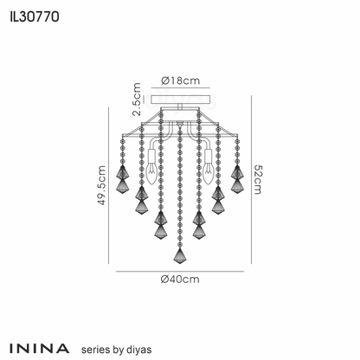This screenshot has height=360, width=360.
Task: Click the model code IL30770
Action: click(35, 16)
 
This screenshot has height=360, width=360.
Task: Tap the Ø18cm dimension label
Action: click(181, 80)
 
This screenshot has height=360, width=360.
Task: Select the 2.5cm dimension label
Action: click(137, 100)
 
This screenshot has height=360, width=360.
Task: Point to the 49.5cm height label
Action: click(102, 185)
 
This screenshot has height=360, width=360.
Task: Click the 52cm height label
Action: click(258, 179)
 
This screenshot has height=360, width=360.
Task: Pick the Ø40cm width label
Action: click(180, 280)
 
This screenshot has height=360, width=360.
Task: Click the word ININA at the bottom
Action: click(39, 349)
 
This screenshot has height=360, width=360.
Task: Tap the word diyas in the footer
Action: click(138, 350)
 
